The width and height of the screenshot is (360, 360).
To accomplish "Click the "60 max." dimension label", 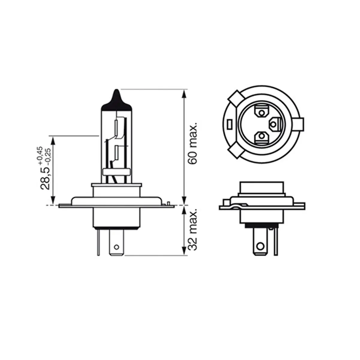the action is [x=192, y=143].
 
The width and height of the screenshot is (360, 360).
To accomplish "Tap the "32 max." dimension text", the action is [x=192, y=229].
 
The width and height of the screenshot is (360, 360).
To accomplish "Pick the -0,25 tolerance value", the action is [x=48, y=157].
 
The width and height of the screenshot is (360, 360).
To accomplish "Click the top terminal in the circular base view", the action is [x=262, y=113].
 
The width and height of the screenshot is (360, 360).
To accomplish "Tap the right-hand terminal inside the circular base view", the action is [x=275, y=124].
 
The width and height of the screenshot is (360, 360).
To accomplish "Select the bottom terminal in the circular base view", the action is [x=262, y=136].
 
